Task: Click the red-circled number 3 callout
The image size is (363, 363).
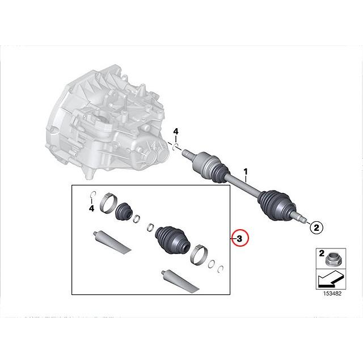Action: [x=239, y=239]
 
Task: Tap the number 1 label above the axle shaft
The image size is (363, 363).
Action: [x=246, y=171]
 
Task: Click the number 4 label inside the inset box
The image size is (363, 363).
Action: [x=91, y=209]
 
